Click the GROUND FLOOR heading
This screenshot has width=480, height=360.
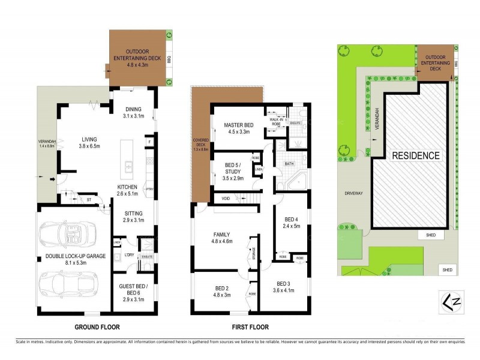(97, 328)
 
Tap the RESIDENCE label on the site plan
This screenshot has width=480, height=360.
(416, 155)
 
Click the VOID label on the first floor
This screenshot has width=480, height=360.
(226, 198)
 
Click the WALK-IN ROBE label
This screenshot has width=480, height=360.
(277, 122)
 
